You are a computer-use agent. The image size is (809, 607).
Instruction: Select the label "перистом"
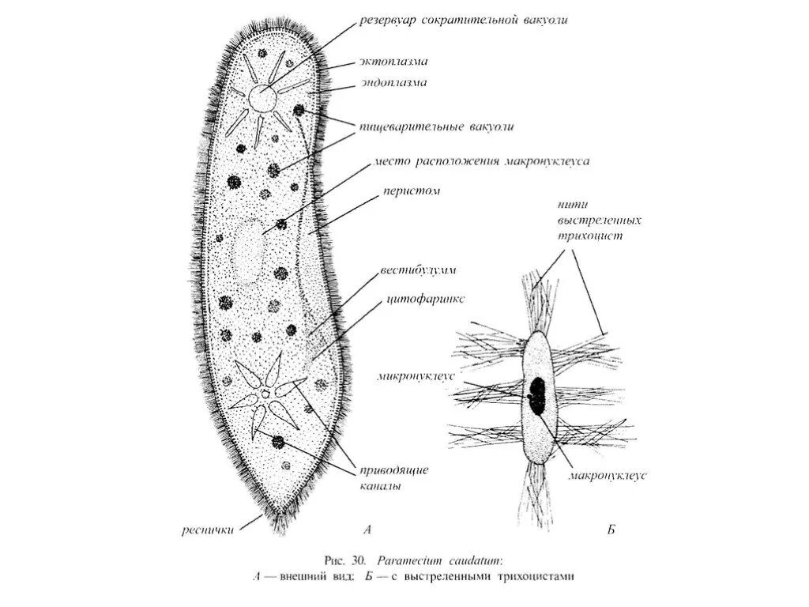click(x=412, y=190)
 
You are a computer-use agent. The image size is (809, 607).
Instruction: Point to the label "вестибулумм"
click(x=422, y=270)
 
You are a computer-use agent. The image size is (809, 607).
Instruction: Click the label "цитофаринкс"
click(x=426, y=300)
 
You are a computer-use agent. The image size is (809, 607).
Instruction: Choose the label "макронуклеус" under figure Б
click(x=608, y=476)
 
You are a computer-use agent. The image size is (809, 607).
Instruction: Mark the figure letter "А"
click(x=367, y=530)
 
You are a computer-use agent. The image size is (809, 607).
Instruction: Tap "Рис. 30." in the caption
click(x=343, y=560)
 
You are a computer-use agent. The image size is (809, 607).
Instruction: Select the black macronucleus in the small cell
click(x=539, y=395)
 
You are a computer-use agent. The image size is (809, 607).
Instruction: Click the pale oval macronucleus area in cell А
click(x=246, y=251)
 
